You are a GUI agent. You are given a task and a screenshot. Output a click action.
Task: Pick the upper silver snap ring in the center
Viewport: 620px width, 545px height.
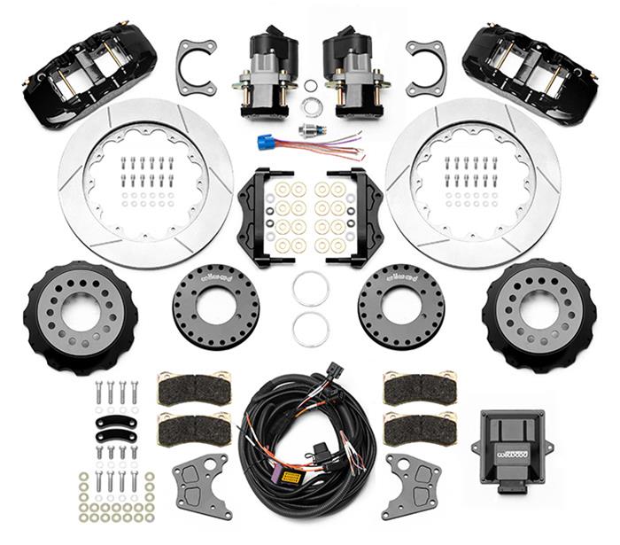[x=311, y=288]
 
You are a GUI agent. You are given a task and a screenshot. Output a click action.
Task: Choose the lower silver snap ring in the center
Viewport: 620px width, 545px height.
[x=311, y=330]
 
